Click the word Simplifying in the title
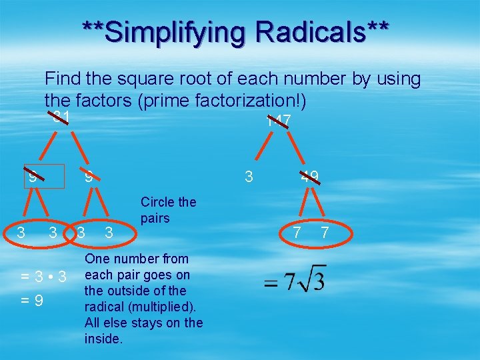(x=170, y=31)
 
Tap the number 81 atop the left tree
(x=62, y=118)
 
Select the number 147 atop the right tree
(x=278, y=121)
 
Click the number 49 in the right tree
(x=309, y=177)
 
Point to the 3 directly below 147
(x=249, y=177)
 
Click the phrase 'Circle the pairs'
(x=168, y=210)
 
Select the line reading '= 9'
(x=32, y=301)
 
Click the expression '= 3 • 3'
(x=43, y=276)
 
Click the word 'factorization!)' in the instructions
(x=254, y=101)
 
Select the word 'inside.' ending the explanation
(x=105, y=339)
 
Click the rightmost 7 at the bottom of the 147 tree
(x=325, y=233)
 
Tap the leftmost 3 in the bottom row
(x=21, y=233)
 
